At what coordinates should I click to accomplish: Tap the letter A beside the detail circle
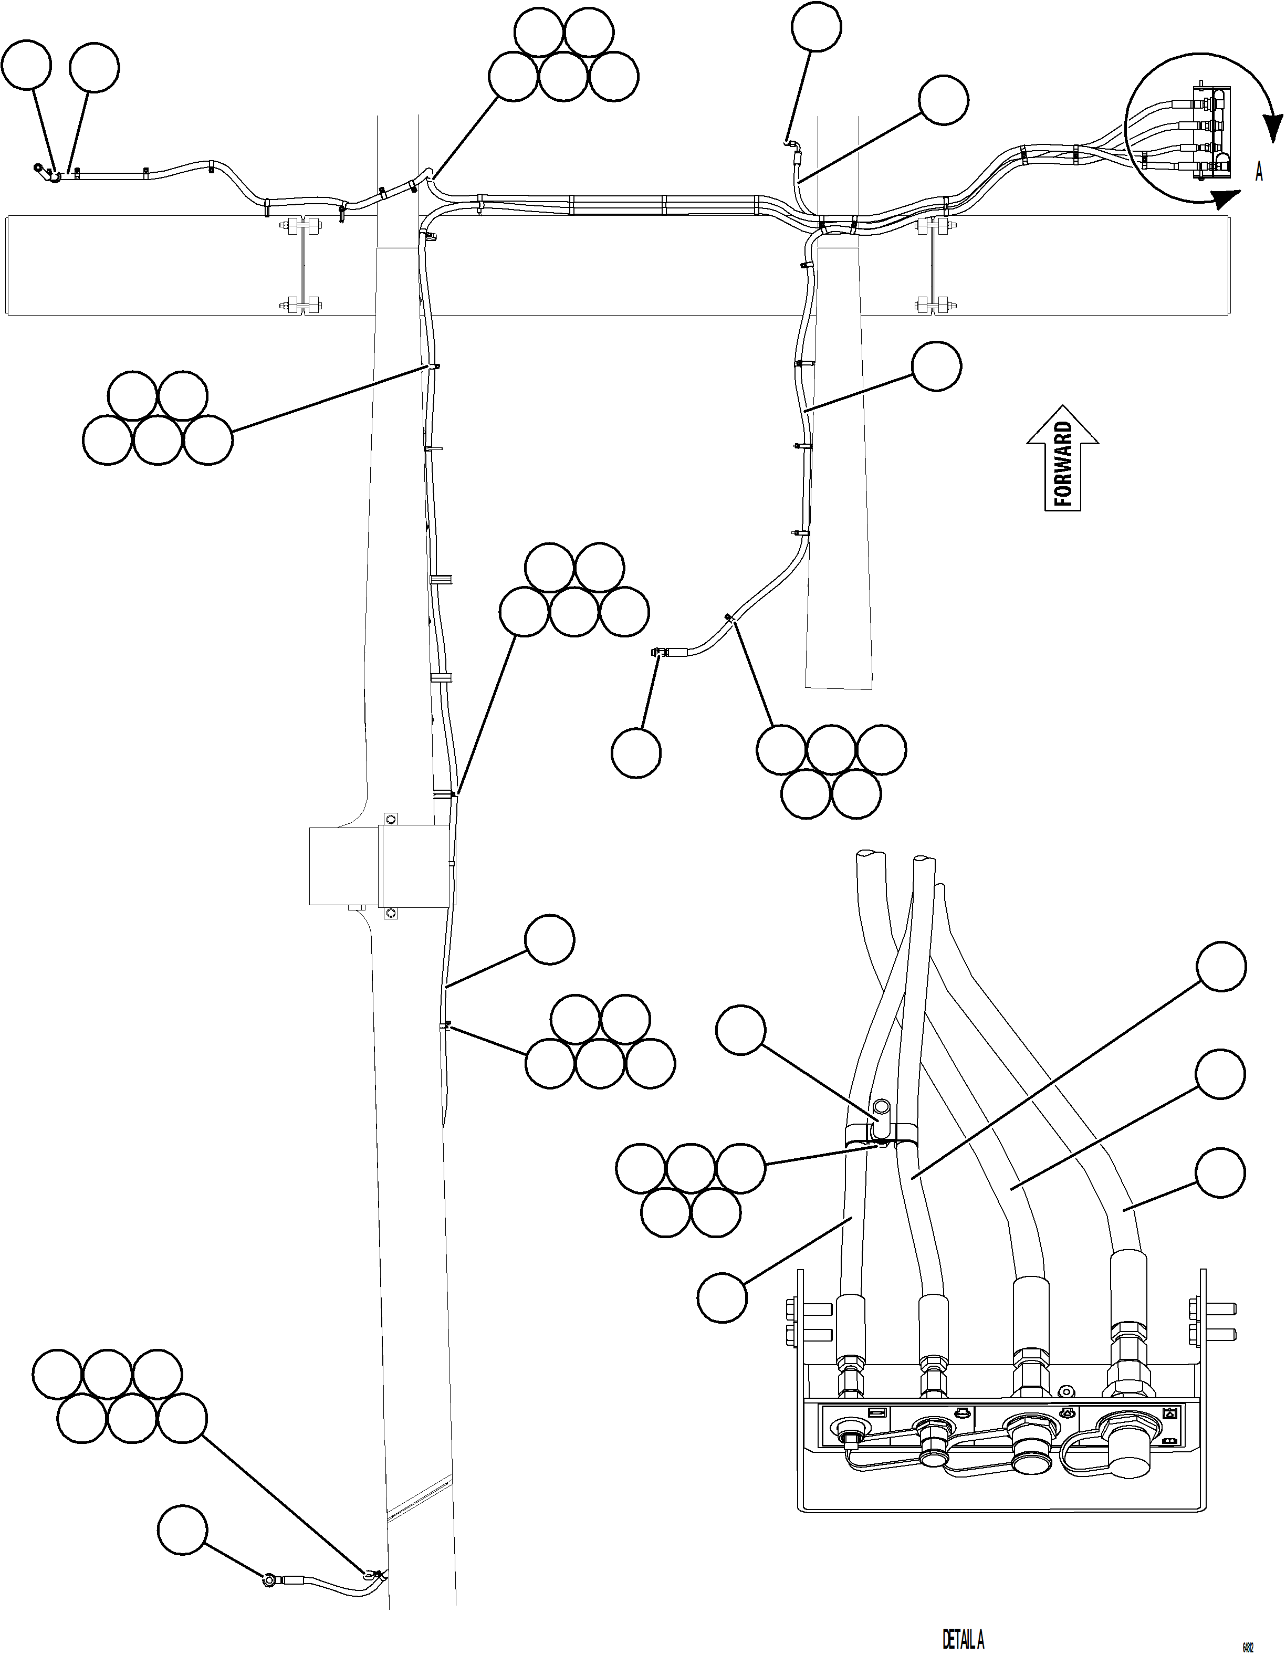[x=1259, y=172]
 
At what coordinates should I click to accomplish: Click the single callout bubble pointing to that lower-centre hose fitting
[x=636, y=752]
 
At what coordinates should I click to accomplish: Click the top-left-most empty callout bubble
[x=27, y=67]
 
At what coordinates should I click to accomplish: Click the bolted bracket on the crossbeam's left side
[x=301, y=265]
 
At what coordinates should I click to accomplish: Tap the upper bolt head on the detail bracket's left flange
[x=790, y=1308]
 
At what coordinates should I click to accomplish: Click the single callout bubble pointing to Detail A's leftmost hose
[x=723, y=1298]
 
